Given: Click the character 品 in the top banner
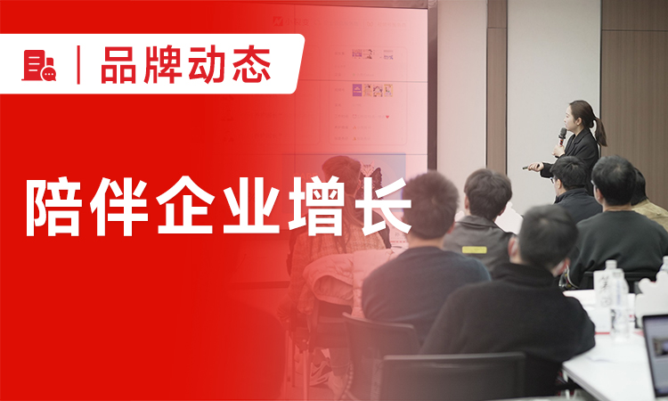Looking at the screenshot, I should [x=119, y=66].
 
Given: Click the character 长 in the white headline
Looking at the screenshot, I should [x=378, y=207].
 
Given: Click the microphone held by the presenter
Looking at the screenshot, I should [x=562, y=136].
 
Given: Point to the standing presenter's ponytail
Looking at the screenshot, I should [x=600, y=133].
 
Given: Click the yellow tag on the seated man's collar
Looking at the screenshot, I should [x=475, y=250].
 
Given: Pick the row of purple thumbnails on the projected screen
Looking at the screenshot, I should [x=373, y=90].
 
